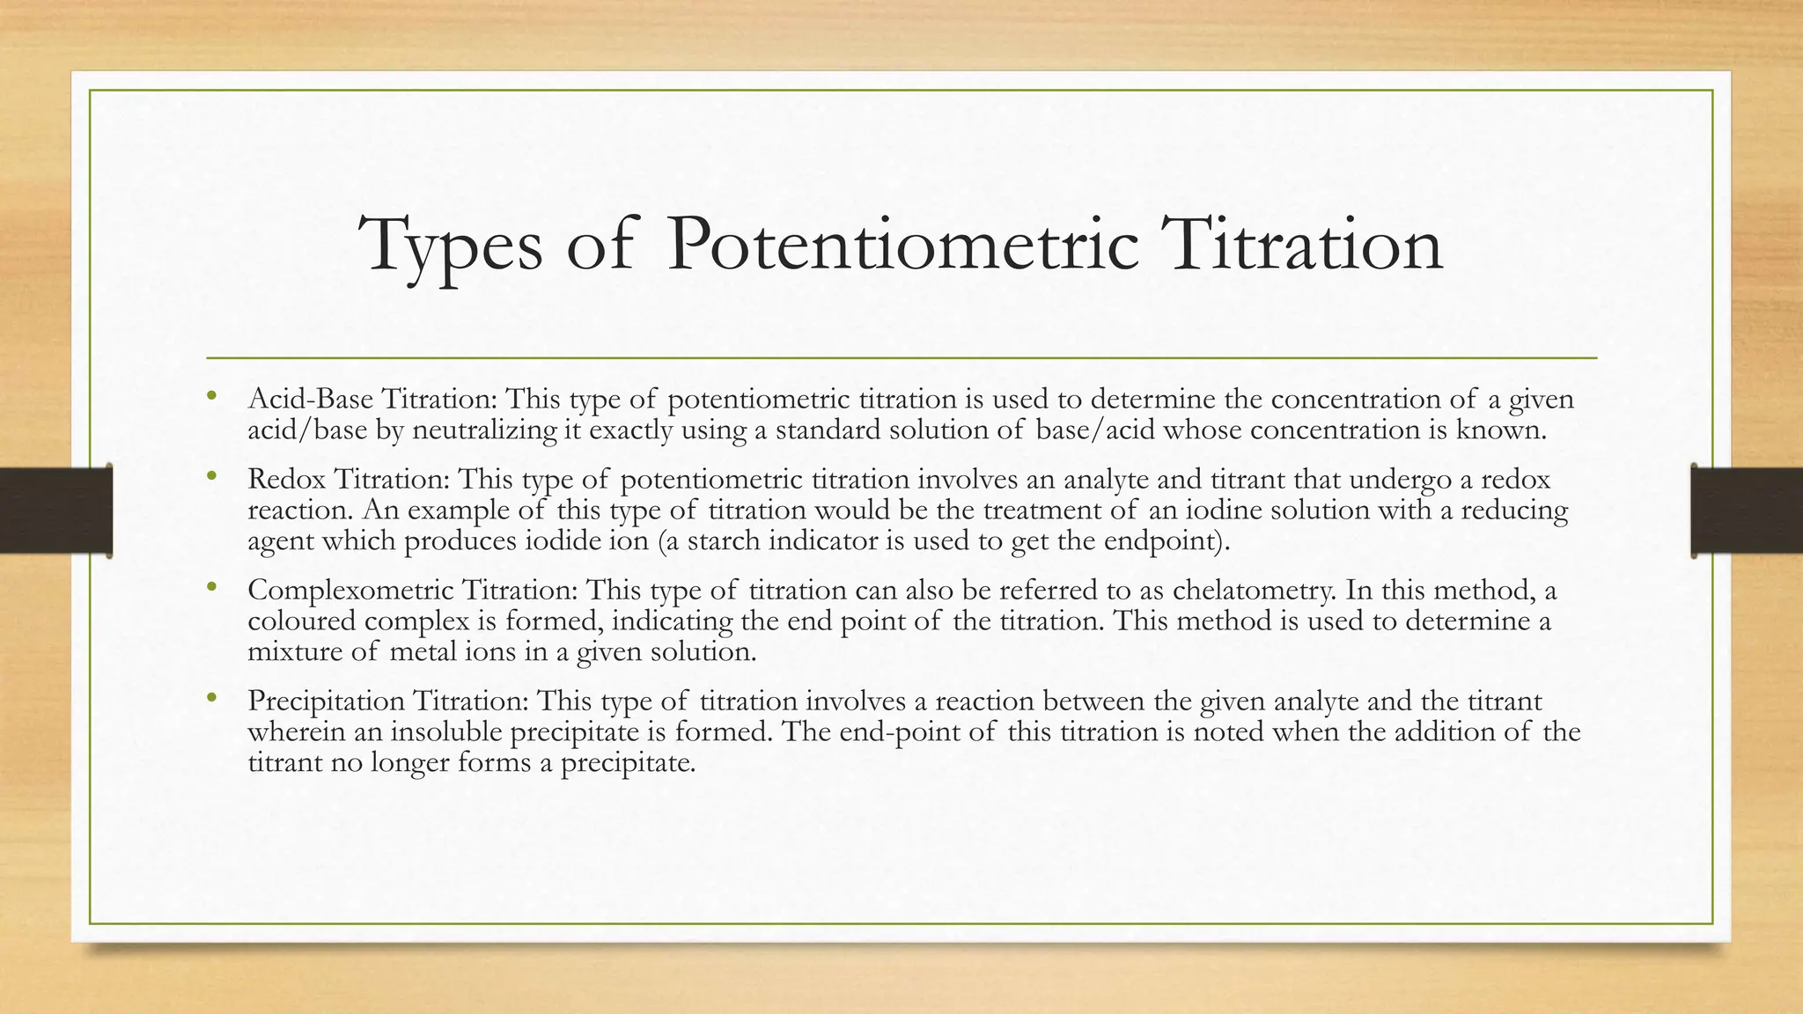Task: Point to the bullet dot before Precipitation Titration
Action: click(210, 698)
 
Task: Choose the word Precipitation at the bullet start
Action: click(327, 702)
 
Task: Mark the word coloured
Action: click(302, 621)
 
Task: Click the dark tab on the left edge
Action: click(55, 511)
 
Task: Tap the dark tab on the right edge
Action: click(1747, 511)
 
